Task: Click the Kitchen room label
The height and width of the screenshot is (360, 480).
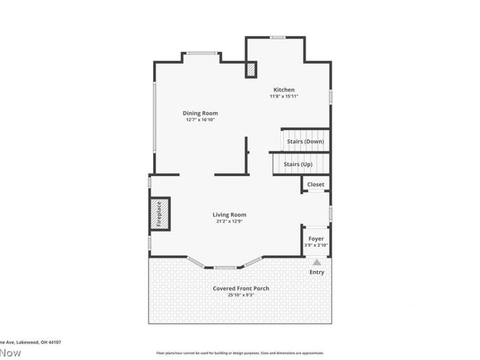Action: click(284, 90)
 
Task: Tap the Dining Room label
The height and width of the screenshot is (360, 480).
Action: click(200, 113)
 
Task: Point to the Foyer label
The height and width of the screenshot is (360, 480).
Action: click(316, 238)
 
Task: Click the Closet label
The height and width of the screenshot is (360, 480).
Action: click(315, 185)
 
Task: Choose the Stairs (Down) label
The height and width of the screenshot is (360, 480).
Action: click(305, 141)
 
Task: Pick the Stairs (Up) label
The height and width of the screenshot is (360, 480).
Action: click(298, 164)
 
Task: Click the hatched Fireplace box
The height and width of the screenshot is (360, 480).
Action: click(159, 214)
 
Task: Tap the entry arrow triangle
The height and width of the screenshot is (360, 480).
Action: click(317, 262)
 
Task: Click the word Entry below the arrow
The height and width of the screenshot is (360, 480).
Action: click(317, 272)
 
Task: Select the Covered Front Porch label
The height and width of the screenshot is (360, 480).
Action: click(241, 289)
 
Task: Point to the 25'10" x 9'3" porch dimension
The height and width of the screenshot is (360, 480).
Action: click(241, 295)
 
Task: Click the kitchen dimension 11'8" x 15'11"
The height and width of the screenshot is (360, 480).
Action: click(284, 97)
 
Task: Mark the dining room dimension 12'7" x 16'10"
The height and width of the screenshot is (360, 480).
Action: click(200, 120)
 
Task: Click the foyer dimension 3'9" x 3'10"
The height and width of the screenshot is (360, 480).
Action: click(316, 245)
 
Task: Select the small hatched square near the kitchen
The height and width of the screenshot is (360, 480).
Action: click(251, 70)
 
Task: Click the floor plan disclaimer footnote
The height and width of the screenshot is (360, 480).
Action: click(239, 353)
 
